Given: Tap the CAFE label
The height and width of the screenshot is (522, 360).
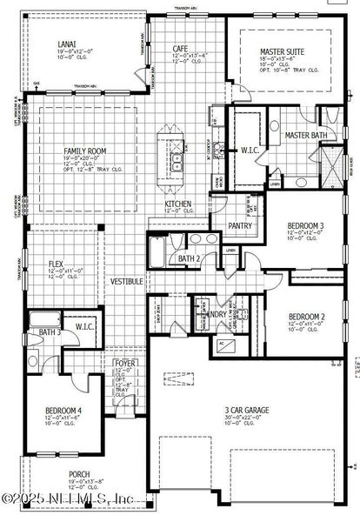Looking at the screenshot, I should click(180, 50).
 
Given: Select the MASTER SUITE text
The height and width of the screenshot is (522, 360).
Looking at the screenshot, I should click(283, 52).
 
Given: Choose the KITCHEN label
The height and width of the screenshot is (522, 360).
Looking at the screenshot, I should click(177, 204).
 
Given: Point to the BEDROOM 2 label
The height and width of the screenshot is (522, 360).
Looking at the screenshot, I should click(305, 316).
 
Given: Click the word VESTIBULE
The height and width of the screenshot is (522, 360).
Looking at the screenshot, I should click(126, 282).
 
